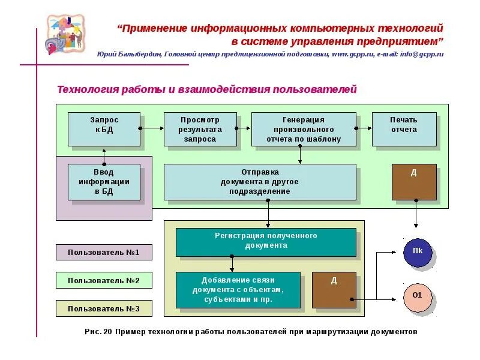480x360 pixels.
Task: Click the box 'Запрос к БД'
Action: [x=104, y=129]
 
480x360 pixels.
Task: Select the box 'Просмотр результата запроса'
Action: [x=200, y=129]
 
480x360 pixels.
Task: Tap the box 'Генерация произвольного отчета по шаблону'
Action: [x=303, y=129]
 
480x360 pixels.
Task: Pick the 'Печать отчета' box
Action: [x=404, y=129]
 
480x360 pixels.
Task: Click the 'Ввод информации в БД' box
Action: [x=104, y=182]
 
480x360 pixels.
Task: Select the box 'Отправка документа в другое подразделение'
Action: [x=259, y=182]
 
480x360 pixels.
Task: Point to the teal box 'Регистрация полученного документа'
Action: [x=266, y=242]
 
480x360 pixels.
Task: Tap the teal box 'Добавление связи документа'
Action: [x=238, y=290]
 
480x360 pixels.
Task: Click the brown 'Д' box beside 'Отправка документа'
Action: [x=414, y=182]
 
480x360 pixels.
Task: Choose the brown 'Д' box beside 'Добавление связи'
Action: [x=334, y=290]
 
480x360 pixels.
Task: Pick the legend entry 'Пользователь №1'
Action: [x=104, y=253]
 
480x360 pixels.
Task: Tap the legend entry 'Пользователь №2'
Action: [x=104, y=280]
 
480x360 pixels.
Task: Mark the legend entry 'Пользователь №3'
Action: [x=104, y=308]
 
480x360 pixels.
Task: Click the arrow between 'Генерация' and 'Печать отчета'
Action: [x=364, y=128]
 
